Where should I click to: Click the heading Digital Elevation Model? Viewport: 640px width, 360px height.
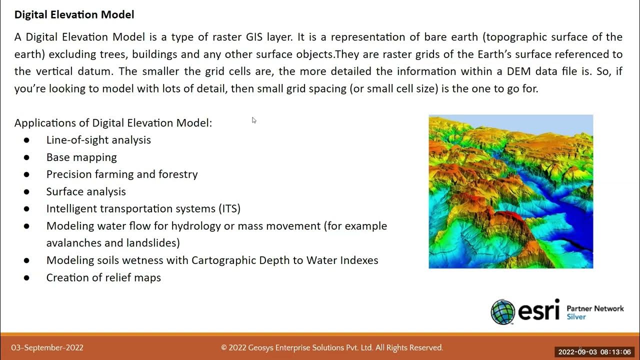[74, 15]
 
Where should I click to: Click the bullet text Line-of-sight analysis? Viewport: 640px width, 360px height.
[98, 140]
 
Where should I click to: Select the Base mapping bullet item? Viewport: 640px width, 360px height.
[81, 157]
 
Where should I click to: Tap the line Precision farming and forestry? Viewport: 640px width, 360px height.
[122, 174]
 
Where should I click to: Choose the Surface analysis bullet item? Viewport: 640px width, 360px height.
[86, 191]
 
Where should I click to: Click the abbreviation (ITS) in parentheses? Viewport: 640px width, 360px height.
[229, 208]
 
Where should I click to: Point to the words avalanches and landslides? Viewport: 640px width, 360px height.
[113, 243]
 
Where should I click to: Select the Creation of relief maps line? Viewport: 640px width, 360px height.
[103, 277]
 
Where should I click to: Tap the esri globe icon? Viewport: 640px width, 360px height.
[502, 312]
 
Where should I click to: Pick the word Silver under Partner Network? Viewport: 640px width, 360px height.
[576, 317]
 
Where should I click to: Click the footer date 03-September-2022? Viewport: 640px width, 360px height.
[47, 348]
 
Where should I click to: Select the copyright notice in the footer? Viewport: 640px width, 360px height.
[332, 348]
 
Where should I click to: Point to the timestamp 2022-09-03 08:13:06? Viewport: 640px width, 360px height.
[594, 352]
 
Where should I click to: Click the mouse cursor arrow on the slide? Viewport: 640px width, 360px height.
[254, 120]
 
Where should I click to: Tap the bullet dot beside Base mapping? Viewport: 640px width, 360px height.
[26, 157]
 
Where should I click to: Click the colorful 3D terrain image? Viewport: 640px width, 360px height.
[510, 191]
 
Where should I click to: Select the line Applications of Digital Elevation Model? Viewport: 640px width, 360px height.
[113, 123]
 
